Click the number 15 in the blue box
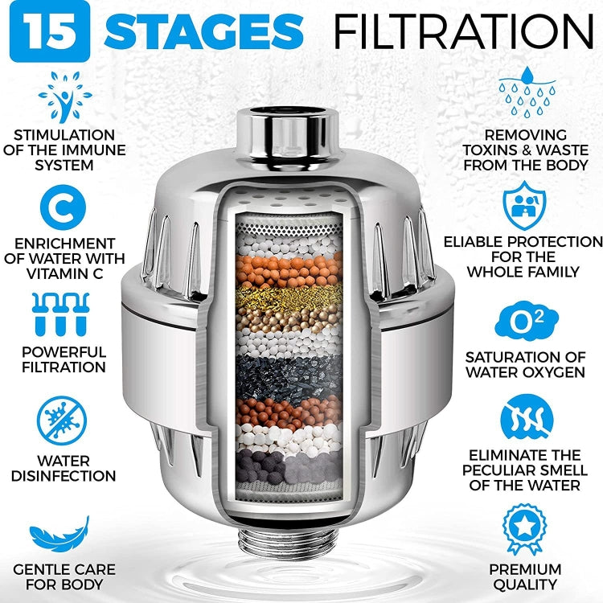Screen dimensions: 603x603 (x=50, y=33)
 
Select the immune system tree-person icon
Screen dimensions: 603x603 (x=64, y=96)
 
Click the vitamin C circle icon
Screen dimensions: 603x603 (x=64, y=208)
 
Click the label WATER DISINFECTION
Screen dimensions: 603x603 (x=64, y=468)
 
